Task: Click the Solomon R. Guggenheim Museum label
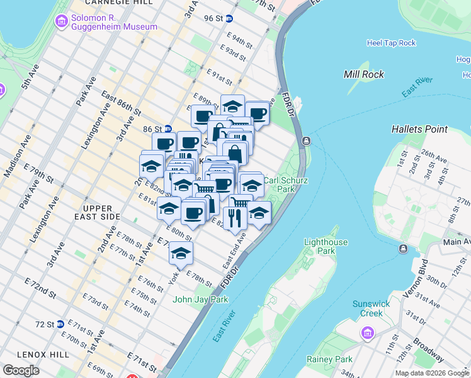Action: click(x=113, y=22)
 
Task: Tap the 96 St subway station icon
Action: click(x=230, y=19)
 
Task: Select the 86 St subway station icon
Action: click(x=168, y=128)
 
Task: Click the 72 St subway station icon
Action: click(x=60, y=324)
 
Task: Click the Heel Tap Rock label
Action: click(x=391, y=43)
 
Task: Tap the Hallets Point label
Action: click(x=419, y=129)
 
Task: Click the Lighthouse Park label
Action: click(x=326, y=246)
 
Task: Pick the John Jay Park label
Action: click(x=200, y=299)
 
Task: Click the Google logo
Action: click(x=21, y=370)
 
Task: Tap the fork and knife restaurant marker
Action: click(x=233, y=217)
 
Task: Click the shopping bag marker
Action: click(x=235, y=152)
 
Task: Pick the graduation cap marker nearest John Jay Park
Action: click(x=181, y=253)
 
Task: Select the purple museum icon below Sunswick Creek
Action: click(x=367, y=332)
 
